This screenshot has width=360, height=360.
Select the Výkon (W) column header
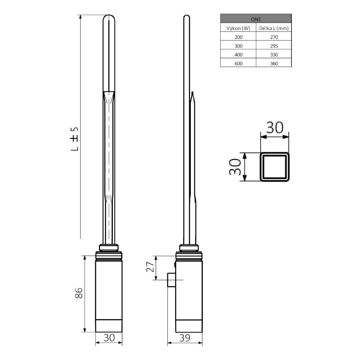238,28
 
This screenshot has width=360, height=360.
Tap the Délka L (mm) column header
274,28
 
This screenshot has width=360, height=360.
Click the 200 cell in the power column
238,37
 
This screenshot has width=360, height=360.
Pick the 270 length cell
274,37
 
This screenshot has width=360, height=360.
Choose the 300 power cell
238,46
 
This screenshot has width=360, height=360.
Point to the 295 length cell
274,46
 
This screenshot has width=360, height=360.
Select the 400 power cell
238,55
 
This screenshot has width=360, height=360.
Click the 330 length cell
274,55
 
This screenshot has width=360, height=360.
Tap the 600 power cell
238,63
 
